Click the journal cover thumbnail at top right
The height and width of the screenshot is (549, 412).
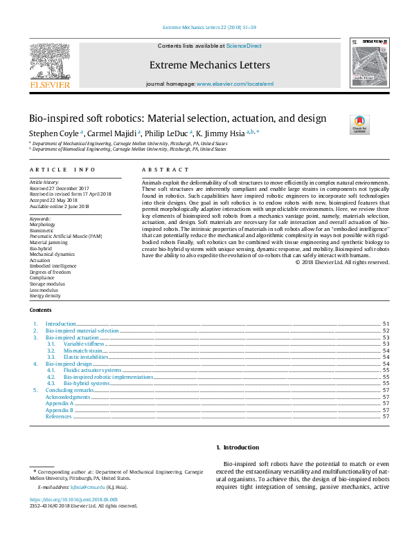pyautogui.click(x=367, y=63)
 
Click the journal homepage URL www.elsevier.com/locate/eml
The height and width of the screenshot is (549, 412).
pyautogui.click(x=235, y=84)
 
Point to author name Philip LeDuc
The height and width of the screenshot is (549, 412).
pyautogui.click(x=167, y=133)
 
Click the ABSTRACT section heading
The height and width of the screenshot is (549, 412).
pyautogui.click(x=165, y=169)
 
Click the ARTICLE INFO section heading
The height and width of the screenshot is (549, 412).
pyautogui.click(x=62, y=169)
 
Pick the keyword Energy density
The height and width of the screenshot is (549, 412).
pyautogui.click(x=45, y=295)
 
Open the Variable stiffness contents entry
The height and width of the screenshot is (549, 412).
pyautogui.click(x=82, y=344)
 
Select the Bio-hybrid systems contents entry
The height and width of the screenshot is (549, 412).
pyautogui.click(x=87, y=383)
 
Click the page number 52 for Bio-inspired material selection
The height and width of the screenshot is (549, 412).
pyautogui.click(x=386, y=331)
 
